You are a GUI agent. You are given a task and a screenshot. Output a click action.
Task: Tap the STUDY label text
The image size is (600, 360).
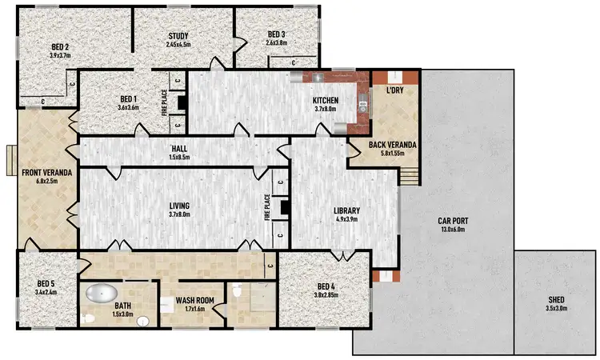coord(178,36)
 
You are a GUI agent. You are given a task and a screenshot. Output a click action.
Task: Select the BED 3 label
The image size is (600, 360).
coord(277,34)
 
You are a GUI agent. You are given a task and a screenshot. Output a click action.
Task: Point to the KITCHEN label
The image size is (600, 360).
coord(326,100)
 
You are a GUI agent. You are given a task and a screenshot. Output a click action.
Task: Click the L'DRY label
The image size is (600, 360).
coord(394,91)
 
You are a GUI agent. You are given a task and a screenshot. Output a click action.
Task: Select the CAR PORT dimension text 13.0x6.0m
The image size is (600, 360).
coord(454,230)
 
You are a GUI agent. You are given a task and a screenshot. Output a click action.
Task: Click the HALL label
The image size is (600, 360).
coord(178,150)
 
